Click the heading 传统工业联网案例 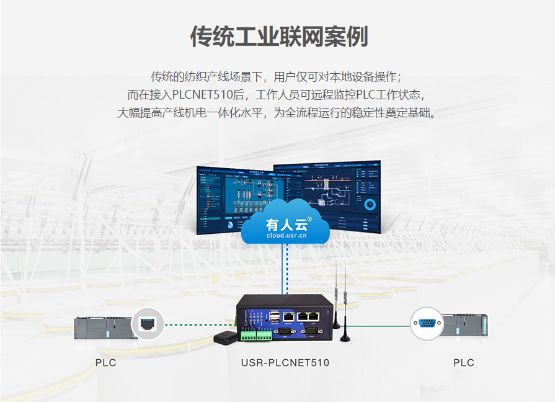tap(278, 37)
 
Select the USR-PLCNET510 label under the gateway tap(285, 363)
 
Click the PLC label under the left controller tap(105, 363)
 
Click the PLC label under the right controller tap(463, 363)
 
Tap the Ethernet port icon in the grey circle tap(148, 323)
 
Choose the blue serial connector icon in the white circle tap(427, 323)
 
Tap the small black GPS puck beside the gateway tap(226, 337)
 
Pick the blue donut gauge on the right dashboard tap(370, 204)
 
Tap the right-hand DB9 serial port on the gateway tap(311, 332)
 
